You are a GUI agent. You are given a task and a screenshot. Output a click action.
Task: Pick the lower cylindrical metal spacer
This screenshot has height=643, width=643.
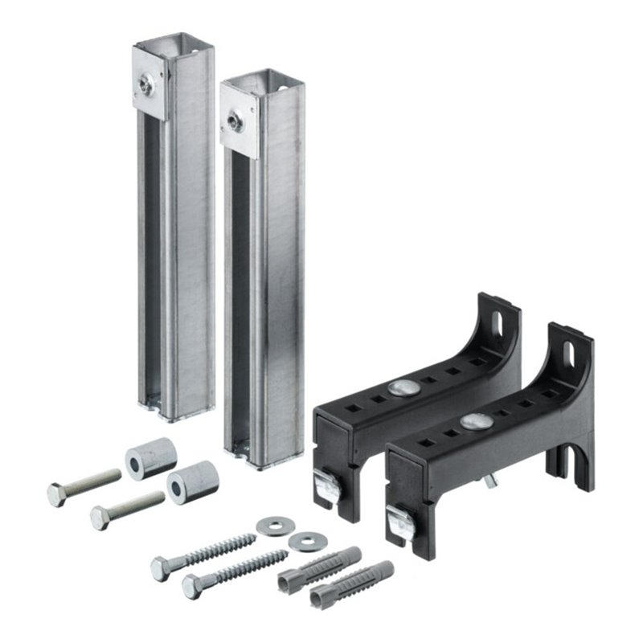(193, 481)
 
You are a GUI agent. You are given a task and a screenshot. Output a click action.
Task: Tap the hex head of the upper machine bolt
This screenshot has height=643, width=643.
(57, 493)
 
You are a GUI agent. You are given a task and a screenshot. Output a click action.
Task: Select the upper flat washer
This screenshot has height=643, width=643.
(272, 527)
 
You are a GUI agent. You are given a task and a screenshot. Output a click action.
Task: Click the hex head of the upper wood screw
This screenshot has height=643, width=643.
(160, 568)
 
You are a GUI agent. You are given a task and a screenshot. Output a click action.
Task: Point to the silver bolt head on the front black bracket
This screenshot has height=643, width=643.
(475, 421)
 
